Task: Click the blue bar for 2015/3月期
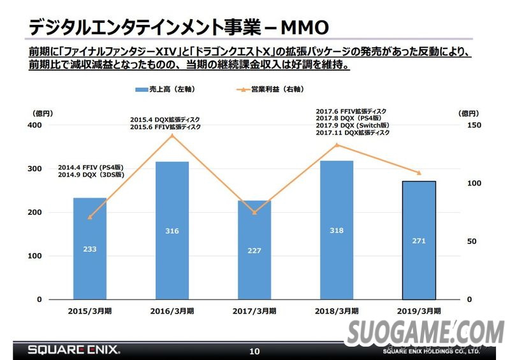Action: click(90, 248)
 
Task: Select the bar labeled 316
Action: click(172, 231)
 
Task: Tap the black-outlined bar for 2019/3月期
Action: click(418, 240)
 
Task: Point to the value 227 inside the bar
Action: click(254, 250)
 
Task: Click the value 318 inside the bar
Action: click(337, 231)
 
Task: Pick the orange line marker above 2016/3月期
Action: click(172, 135)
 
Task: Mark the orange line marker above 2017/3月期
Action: click(254, 212)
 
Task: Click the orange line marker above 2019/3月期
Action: click(419, 173)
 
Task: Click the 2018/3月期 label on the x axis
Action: click(336, 311)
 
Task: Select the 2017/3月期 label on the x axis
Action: click(254, 311)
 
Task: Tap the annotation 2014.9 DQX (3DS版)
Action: click(91, 175)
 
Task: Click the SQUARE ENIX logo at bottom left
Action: click(73, 350)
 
